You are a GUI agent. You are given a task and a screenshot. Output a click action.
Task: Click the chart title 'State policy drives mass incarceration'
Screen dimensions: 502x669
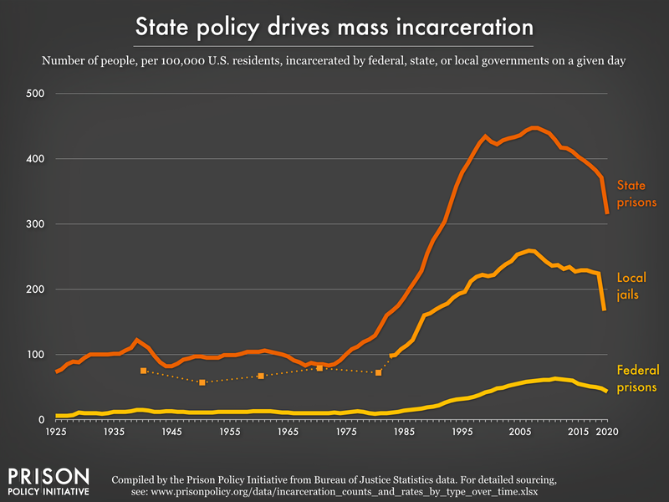click(x=334, y=27)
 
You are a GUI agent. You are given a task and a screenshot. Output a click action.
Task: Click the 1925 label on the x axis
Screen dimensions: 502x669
click(x=56, y=432)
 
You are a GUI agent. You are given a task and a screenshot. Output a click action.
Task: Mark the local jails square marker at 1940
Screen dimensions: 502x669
click(x=144, y=371)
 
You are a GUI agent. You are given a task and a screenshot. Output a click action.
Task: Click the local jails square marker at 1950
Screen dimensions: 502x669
click(x=202, y=382)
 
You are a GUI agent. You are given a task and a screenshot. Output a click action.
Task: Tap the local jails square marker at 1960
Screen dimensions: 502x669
click(x=261, y=376)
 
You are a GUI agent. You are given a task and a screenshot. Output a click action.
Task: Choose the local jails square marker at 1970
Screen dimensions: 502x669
click(x=319, y=368)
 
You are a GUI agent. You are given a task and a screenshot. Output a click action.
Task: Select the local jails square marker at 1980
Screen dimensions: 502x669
click(x=378, y=372)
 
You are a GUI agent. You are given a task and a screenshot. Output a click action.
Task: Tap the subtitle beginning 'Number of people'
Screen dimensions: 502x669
click(x=334, y=60)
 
